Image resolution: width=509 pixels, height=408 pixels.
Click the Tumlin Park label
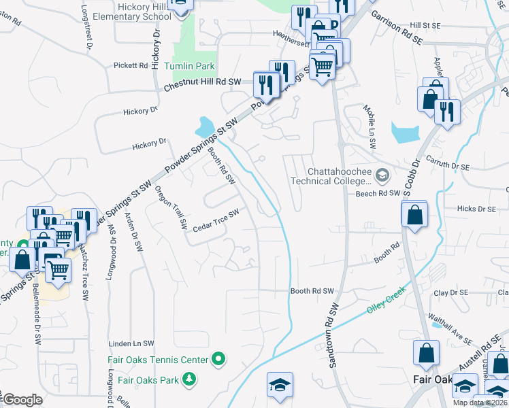point(193,66)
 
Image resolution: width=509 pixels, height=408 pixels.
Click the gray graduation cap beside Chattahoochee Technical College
point(382,176)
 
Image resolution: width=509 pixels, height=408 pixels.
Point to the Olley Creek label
point(387,294)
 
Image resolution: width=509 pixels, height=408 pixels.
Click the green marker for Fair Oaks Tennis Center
point(218,358)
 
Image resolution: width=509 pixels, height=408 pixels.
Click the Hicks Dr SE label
point(477,209)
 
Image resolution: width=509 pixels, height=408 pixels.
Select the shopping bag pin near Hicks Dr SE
point(414,216)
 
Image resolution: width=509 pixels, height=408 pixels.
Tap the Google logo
point(22,400)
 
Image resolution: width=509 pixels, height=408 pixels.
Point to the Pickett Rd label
point(131,66)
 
